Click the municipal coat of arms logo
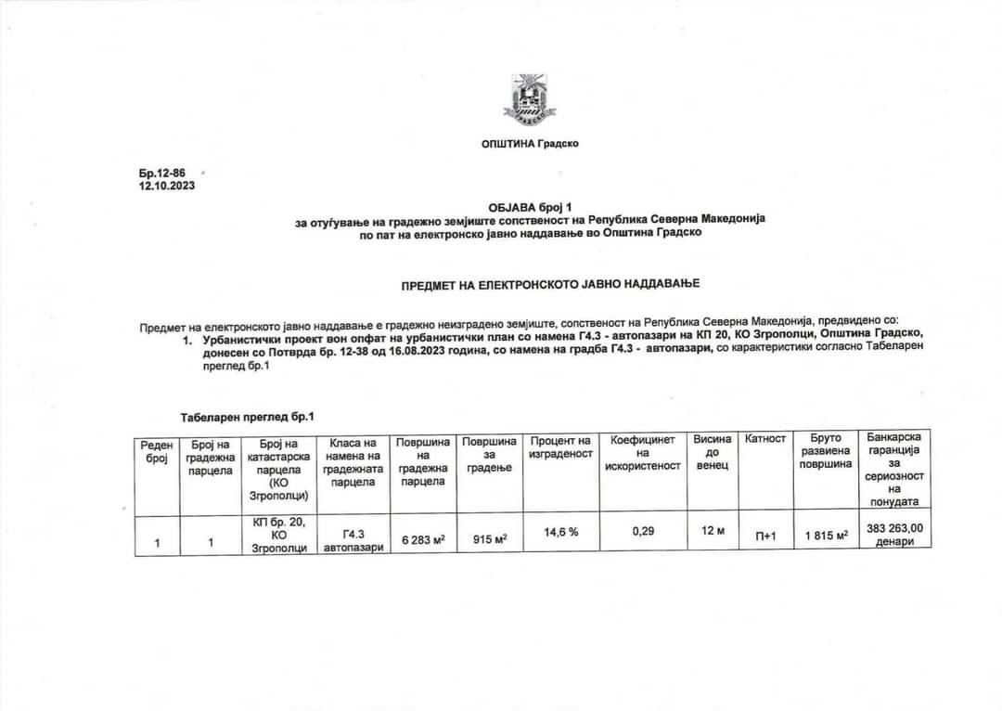(530, 99)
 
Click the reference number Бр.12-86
(157, 174)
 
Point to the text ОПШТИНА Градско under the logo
(530, 143)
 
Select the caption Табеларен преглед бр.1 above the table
(240, 418)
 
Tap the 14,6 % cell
(560, 532)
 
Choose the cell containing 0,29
(643, 532)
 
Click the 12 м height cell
(713, 532)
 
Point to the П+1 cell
(765, 536)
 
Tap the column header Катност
(765, 438)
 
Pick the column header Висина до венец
(713, 451)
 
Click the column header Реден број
(157, 452)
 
